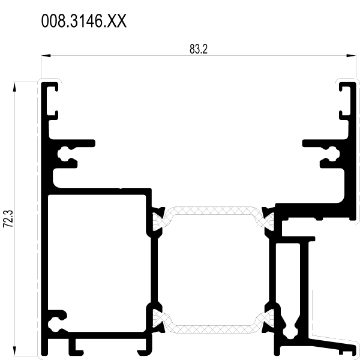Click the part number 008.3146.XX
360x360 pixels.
[x=84, y=21]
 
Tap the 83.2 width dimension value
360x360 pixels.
[x=199, y=49]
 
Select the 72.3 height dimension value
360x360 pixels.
[x=8, y=218]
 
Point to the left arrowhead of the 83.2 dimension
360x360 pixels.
[x=46, y=56]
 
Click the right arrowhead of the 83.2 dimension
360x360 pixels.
[x=351, y=56]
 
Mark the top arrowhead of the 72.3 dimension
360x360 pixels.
[x=14, y=87]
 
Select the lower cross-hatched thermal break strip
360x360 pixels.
[x=213, y=321]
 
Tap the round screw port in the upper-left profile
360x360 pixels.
[x=63, y=154]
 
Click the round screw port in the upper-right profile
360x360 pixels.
[x=334, y=154]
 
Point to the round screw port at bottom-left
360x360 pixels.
[x=54, y=325]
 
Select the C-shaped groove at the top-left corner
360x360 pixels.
[x=52, y=101]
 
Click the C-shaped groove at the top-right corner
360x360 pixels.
[x=345, y=101]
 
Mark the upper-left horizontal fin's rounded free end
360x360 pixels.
[x=93, y=143]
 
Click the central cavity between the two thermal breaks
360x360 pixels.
[x=213, y=270]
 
